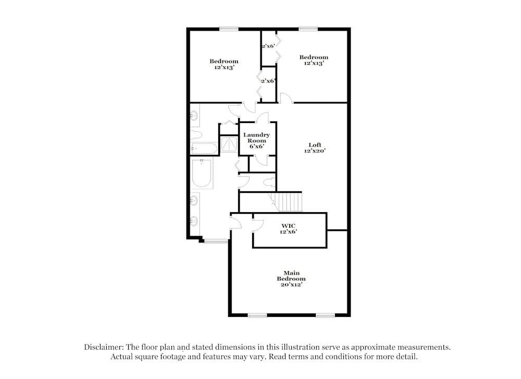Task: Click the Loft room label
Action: point(315,148)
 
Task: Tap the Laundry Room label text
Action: point(257,141)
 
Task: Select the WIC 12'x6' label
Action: point(288,228)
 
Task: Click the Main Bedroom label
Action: point(291,278)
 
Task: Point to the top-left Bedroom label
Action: point(224,64)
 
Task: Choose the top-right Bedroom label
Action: point(313,60)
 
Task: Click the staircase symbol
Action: point(286,201)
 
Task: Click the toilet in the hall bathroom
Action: point(196,135)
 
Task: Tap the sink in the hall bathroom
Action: point(194,115)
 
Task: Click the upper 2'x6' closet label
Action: point(268,46)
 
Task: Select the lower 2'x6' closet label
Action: point(268,81)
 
